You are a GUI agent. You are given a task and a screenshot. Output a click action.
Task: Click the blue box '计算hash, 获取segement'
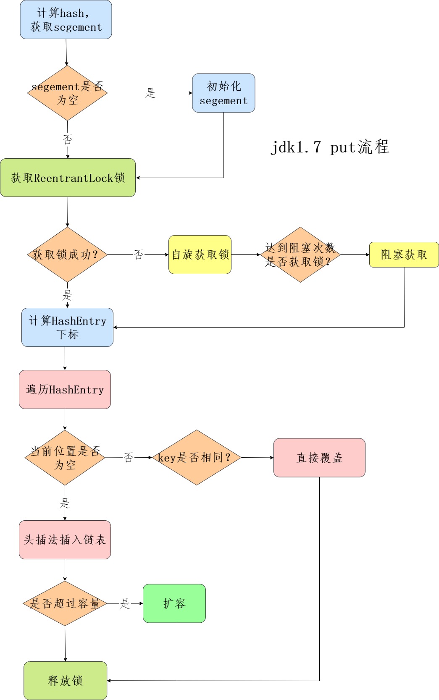pos(66,20)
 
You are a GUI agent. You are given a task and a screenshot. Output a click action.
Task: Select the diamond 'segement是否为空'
pos(67,93)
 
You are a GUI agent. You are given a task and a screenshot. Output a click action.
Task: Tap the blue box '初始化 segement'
pos(223,93)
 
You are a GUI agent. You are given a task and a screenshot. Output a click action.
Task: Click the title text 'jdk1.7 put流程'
pos(330,147)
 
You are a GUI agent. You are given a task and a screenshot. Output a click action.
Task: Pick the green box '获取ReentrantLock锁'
pos(68,178)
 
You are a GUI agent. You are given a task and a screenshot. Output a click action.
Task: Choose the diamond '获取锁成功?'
pos(67,254)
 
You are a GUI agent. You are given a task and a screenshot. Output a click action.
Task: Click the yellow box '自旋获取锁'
pos(200,254)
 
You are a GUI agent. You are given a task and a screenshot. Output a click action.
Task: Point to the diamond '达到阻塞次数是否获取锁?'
pos(300,254)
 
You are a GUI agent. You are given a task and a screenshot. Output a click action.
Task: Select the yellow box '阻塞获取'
pos(404,254)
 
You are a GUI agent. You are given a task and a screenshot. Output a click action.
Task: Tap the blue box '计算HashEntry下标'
pos(67,327)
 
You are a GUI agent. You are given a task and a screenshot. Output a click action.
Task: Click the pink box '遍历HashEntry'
pos(65,389)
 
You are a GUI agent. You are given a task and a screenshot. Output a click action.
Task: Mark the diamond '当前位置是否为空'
pos(65,457)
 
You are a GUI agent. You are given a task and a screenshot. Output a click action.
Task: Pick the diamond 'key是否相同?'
pos(196,457)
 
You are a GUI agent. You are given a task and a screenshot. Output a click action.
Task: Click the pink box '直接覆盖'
pos(319,457)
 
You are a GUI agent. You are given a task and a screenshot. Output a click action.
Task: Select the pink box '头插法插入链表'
pos(65,540)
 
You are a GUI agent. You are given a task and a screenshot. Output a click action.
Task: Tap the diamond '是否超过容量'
pos(65,603)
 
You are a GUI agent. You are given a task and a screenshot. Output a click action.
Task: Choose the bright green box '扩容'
pos(174,603)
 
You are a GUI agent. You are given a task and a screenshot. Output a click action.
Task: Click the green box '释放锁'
pos(65,680)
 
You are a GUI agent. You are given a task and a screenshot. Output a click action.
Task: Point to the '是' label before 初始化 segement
pos(150,93)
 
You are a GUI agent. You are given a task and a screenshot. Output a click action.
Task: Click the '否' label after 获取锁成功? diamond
pos(138,254)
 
